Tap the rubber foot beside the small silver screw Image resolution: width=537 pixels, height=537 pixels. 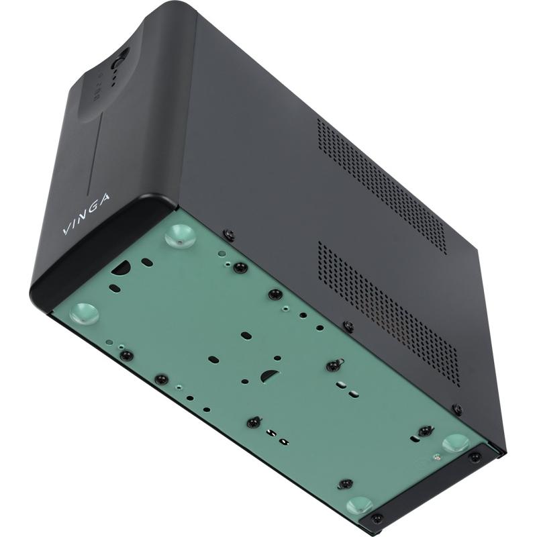[x=456, y=442]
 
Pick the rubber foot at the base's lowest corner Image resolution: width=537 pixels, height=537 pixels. [x=360, y=505]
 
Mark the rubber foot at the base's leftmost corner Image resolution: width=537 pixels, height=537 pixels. [x=84, y=311]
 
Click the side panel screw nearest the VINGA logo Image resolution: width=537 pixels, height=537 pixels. [x=229, y=234]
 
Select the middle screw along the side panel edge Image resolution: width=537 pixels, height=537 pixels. [x=348, y=327]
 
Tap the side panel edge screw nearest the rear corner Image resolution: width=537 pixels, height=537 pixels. [x=457, y=409]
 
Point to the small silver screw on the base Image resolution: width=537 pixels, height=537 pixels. [x=436, y=457]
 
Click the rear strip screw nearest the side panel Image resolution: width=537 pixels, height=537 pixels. [x=475, y=457]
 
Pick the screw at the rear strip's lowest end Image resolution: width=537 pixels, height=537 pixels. [x=377, y=518]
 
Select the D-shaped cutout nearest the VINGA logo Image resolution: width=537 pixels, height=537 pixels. [x=121, y=268]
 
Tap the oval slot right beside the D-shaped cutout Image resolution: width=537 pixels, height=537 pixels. [x=147, y=262]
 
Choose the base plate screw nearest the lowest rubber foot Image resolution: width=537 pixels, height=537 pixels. [x=345, y=483]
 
